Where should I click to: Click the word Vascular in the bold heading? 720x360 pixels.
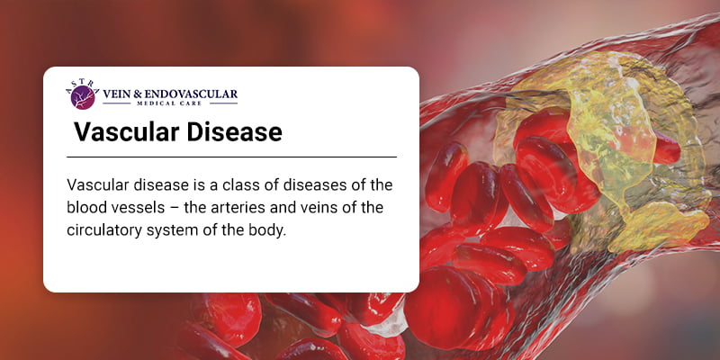click(x=126, y=132)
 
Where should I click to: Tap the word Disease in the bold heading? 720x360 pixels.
click(x=234, y=132)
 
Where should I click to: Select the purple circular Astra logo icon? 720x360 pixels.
click(x=83, y=97)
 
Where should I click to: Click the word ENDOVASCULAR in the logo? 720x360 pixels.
click(x=191, y=94)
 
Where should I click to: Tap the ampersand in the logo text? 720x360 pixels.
click(x=138, y=94)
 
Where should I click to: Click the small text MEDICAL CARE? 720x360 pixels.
click(x=170, y=103)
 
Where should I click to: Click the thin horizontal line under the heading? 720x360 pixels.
click(x=231, y=157)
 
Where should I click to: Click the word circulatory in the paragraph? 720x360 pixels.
click(x=104, y=230)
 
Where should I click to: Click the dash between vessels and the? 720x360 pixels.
click(x=175, y=208)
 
